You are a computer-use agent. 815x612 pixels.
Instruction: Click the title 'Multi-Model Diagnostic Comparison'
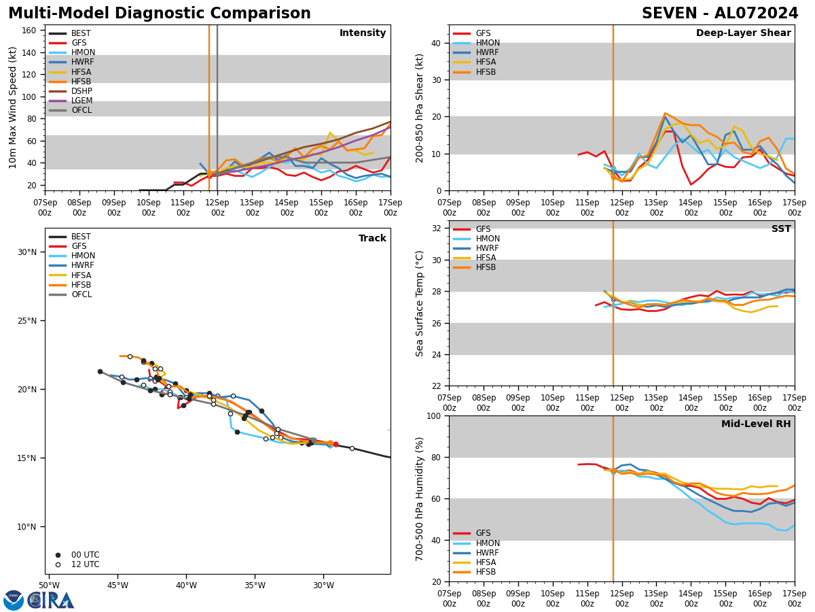point(160,14)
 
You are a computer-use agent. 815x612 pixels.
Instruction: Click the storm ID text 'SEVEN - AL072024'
point(720,14)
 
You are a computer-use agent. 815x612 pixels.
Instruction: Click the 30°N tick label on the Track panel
point(26,252)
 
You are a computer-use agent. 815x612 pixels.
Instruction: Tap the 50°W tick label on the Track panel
point(49,585)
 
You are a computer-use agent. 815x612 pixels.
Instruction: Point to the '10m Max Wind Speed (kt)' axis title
point(13,107)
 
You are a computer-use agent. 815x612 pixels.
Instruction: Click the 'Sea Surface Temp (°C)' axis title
point(420,303)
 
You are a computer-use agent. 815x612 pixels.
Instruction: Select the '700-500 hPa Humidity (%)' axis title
point(420,498)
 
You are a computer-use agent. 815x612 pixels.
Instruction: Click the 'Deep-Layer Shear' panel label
point(743,33)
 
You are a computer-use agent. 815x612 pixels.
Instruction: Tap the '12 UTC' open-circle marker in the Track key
point(58,564)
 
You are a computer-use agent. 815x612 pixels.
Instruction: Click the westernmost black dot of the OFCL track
point(100,371)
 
